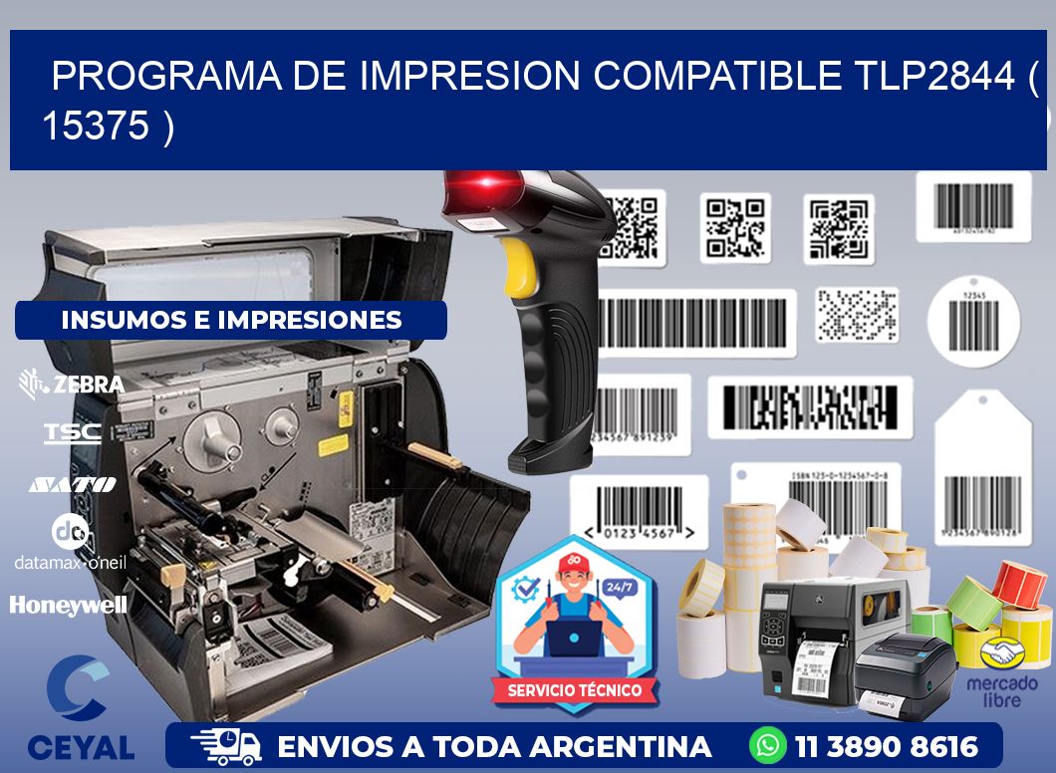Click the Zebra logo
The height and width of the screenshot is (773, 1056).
click(72, 384)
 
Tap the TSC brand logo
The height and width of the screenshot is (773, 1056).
click(72, 432)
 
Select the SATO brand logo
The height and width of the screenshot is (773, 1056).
click(72, 484)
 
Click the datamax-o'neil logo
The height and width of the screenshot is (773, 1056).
click(70, 543)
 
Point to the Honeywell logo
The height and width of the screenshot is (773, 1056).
click(69, 605)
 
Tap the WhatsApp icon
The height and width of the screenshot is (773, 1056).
click(768, 745)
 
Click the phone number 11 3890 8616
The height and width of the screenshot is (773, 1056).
click(886, 746)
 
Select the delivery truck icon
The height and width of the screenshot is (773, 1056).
click(226, 745)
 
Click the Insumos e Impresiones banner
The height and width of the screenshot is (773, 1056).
click(231, 320)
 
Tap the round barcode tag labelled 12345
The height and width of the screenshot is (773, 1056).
click(973, 321)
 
